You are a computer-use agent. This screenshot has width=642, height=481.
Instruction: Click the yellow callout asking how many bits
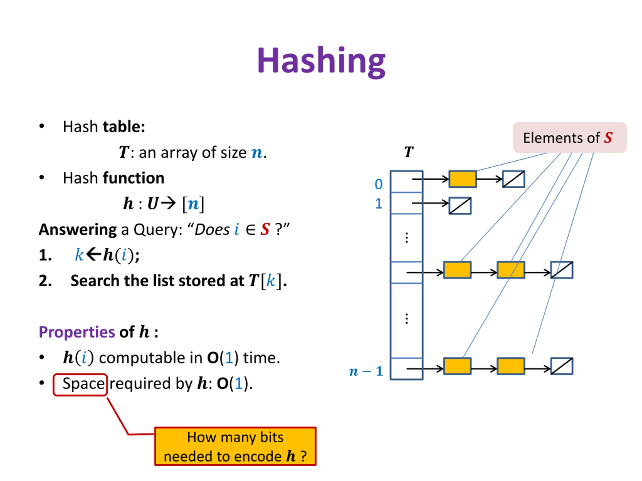click(235, 446)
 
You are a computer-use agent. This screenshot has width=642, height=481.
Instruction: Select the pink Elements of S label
click(570, 138)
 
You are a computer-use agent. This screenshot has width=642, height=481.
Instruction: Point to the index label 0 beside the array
click(378, 184)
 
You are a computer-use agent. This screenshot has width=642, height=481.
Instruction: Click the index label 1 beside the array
click(379, 204)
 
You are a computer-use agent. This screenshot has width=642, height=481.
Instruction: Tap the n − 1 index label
click(366, 371)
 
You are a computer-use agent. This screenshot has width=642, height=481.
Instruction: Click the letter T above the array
click(409, 152)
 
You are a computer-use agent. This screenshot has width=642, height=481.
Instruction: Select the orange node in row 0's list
click(463, 179)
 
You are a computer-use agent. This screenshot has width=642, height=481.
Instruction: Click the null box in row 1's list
click(460, 206)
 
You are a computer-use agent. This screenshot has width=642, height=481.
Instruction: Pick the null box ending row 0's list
click(513, 179)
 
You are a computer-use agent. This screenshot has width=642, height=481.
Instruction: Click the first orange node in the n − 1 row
click(457, 366)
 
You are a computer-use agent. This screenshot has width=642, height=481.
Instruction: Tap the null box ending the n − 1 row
click(562, 366)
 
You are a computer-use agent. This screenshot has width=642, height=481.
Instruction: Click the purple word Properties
click(77, 332)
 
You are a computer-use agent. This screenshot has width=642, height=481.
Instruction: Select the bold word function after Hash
click(134, 178)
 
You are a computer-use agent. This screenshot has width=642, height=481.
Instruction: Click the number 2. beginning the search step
click(45, 281)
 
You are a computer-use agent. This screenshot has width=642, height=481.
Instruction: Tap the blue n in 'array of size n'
click(257, 153)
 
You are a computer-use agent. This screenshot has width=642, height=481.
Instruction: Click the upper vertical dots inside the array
click(407, 238)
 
